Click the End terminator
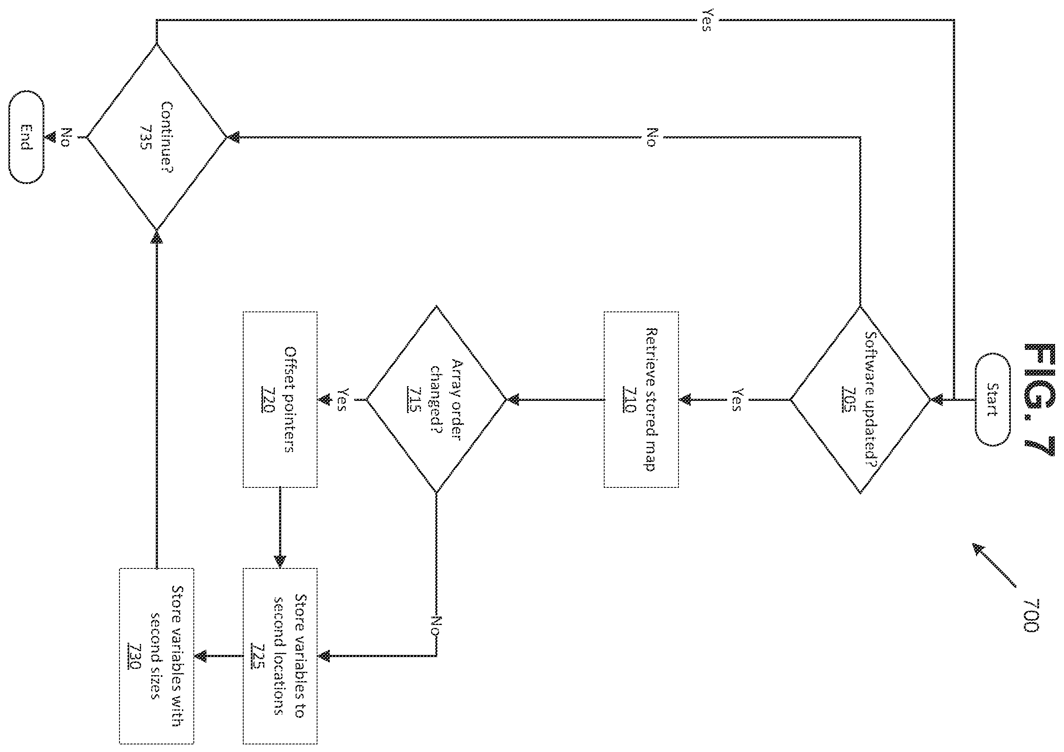[x=27, y=137]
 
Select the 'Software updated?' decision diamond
[x=860, y=400]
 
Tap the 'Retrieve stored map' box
[x=641, y=399]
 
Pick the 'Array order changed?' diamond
[x=436, y=399]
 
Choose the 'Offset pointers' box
[x=280, y=399]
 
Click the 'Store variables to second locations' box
[x=280, y=656]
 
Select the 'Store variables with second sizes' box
[x=157, y=656]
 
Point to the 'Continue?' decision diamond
[x=157, y=137]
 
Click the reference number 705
[x=849, y=400]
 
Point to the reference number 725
[x=258, y=656]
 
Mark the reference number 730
[x=134, y=656]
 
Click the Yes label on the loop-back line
[x=708, y=20]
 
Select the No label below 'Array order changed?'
[x=436, y=625]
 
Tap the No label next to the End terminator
[x=66, y=138]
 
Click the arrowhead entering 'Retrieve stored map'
[x=685, y=399]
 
